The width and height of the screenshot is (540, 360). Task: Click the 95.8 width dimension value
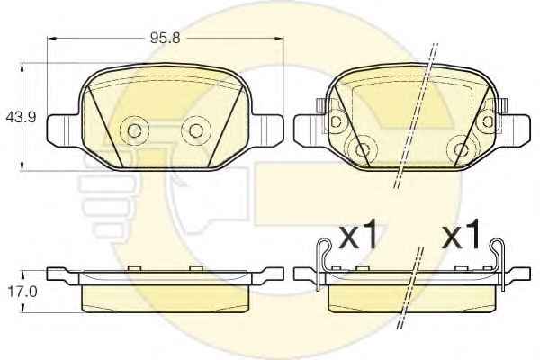tap(165, 38)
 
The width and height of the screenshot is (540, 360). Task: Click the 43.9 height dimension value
tap(21, 118)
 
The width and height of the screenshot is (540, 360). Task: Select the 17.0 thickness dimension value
tap(22, 292)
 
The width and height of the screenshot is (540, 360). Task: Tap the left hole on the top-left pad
tap(134, 130)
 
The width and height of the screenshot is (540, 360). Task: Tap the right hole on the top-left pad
tap(196, 130)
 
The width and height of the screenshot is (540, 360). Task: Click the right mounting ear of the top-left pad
tap(268, 130)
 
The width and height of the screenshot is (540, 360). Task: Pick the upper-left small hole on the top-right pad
tap(336, 121)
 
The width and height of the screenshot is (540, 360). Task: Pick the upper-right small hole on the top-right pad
tap(488, 121)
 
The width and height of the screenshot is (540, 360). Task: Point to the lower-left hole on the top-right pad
tap(363, 150)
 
